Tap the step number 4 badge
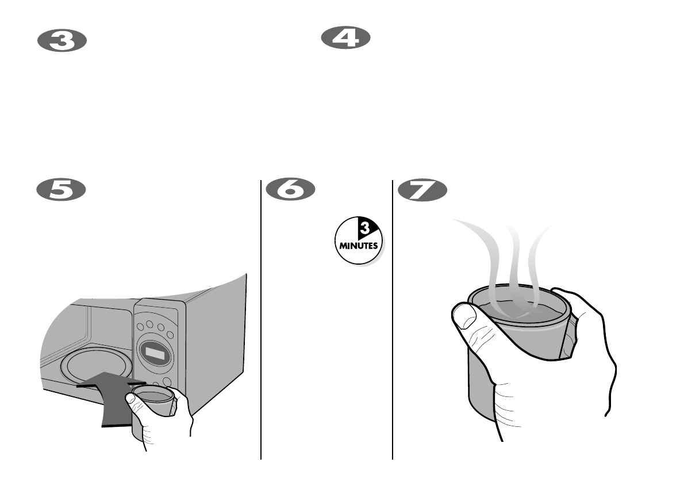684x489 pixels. pos(345,39)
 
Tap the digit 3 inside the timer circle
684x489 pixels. pos(364,229)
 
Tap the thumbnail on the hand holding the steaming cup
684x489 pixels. pos(463,315)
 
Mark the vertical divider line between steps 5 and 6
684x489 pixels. pos(262,322)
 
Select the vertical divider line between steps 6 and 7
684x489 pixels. pos(393,322)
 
